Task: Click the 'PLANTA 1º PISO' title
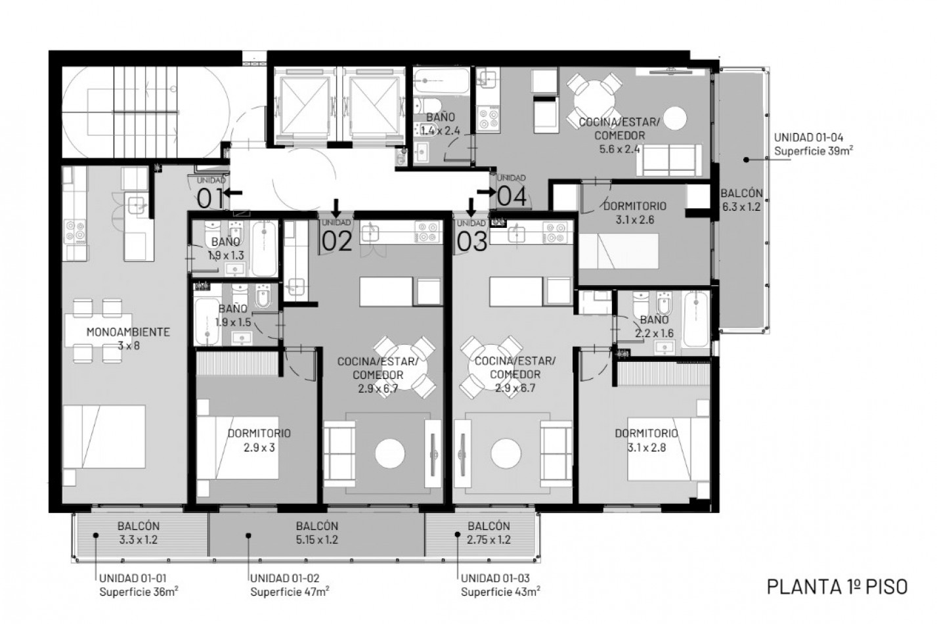click(x=837, y=587)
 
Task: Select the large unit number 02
click(x=337, y=242)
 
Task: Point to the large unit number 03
click(x=472, y=242)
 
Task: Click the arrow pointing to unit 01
click(x=232, y=193)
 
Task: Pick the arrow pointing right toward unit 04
click(x=487, y=192)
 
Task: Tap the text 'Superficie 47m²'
click(x=290, y=591)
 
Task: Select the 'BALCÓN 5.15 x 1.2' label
click(x=316, y=533)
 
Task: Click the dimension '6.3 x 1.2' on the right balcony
click(x=741, y=207)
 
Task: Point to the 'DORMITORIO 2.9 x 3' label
click(x=259, y=440)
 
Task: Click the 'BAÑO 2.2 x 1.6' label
click(x=654, y=326)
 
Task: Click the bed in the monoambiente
click(x=104, y=437)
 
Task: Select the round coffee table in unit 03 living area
click(x=506, y=454)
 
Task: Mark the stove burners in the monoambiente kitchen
click(x=75, y=233)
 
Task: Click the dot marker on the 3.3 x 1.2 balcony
click(x=96, y=535)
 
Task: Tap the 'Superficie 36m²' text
click(x=139, y=591)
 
